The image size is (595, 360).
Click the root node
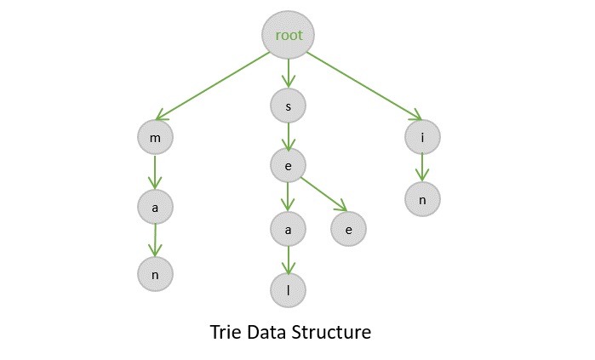tap(289, 35)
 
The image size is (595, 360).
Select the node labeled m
tap(155, 136)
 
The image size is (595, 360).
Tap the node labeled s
tap(289, 106)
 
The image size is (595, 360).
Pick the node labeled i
tap(422, 136)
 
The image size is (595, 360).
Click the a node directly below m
tap(155, 205)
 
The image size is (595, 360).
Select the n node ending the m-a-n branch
tap(155, 274)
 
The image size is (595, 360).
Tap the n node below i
tap(422, 198)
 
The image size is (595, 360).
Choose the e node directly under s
tap(289, 166)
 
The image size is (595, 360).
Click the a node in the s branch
tap(289, 228)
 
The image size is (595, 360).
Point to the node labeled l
tap(289, 290)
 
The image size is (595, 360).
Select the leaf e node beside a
tap(348, 228)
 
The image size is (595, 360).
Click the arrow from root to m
tap(213, 86)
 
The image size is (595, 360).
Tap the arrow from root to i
tap(363, 86)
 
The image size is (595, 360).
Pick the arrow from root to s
tap(289, 73)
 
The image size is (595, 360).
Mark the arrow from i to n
tap(422, 168)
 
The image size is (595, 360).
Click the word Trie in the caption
tap(226, 332)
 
